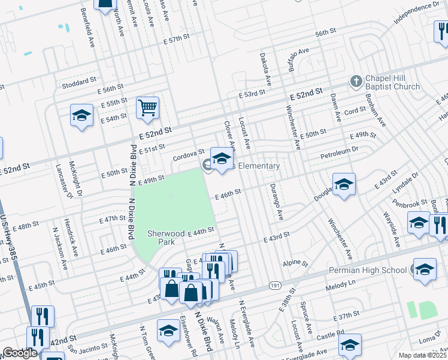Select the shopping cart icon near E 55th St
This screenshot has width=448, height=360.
(147, 109)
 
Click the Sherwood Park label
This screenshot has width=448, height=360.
(159, 238)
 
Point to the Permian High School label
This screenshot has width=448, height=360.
(368, 270)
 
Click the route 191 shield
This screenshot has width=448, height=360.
(274, 286)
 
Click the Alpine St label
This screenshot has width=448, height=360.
(295, 263)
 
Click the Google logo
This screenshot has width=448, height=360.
(20, 353)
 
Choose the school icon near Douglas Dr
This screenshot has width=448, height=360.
(344, 185)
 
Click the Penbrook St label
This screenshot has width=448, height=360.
(410, 205)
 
